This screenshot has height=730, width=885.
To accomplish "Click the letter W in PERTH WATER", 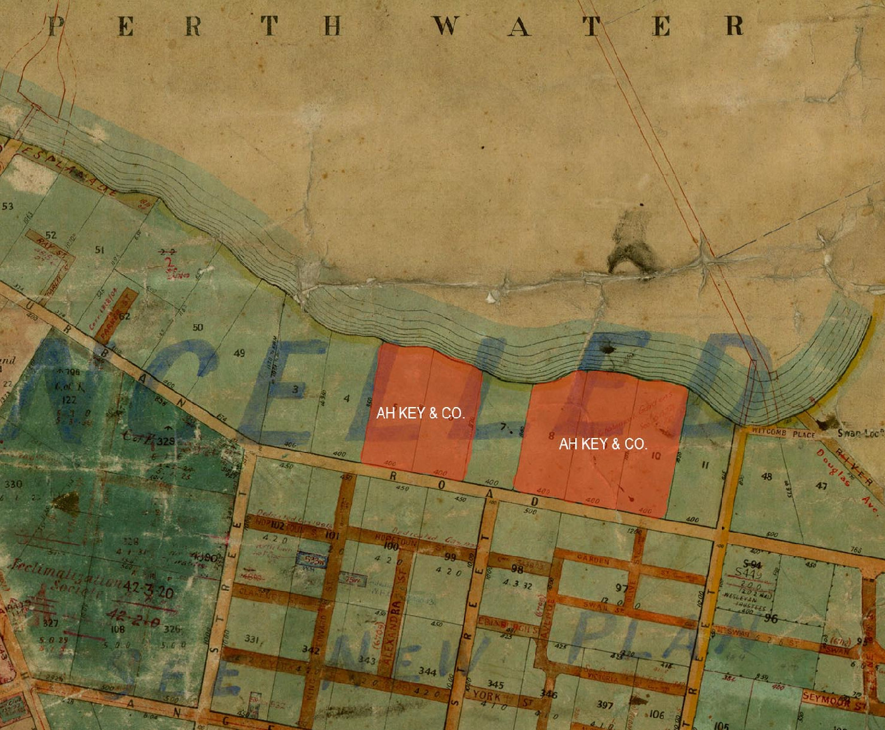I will tap(447, 27).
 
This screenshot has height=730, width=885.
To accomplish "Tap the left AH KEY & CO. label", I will tap(420, 413).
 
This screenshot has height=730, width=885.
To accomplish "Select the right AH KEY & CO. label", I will tap(602, 444).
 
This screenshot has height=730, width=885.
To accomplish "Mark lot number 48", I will tap(767, 477).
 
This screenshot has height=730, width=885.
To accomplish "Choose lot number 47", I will tap(821, 486).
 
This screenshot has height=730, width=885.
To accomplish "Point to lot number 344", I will tap(429, 671).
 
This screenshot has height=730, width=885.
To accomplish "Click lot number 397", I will tap(605, 704).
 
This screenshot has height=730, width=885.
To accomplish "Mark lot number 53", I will tap(8, 206).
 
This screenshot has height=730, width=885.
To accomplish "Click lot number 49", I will tap(239, 353).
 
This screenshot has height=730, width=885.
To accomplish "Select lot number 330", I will tap(13, 485).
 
